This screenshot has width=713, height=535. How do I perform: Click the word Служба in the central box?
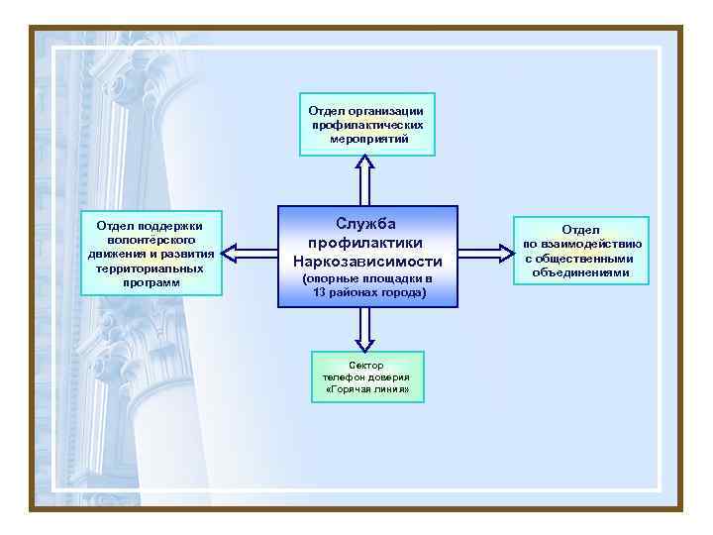pyautogui.click(x=366, y=225)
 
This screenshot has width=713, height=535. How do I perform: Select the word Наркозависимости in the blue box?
pyautogui.click(x=366, y=261)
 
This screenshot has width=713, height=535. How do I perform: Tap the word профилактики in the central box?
pyautogui.click(x=366, y=243)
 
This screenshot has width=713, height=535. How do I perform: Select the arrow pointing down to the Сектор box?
pyautogui.click(x=365, y=329)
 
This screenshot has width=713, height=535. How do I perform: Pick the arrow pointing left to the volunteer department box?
pyautogui.click(x=251, y=254)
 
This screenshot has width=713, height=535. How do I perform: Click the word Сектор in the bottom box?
pyautogui.click(x=366, y=366)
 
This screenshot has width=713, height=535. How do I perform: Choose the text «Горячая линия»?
pyautogui.click(x=366, y=389)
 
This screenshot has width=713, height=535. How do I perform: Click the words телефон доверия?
pyautogui.click(x=366, y=377)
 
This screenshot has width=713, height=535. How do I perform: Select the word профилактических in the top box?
pyautogui.click(x=367, y=126)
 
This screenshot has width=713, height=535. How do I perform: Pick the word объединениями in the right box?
pyautogui.click(x=580, y=271)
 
